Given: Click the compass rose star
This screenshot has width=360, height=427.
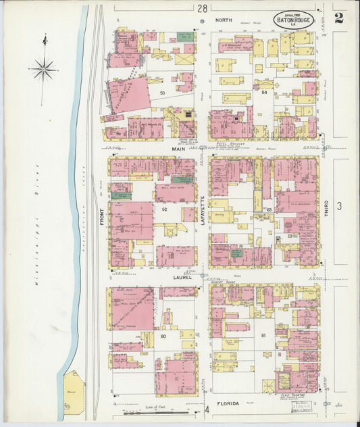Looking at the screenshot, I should [43, 68].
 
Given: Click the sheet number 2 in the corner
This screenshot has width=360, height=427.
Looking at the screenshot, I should [338, 17].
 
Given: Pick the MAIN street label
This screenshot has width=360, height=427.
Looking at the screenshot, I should [178, 149].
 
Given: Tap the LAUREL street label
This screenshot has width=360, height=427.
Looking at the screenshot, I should [182, 277].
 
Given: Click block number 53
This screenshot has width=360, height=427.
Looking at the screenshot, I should [162, 93].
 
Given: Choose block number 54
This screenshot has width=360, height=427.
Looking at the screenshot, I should [264, 92].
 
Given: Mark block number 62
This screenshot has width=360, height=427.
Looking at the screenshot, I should [163, 209].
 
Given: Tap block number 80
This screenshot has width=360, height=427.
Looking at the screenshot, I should [163, 336].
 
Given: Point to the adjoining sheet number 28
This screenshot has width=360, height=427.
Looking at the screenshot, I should [202, 8].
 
